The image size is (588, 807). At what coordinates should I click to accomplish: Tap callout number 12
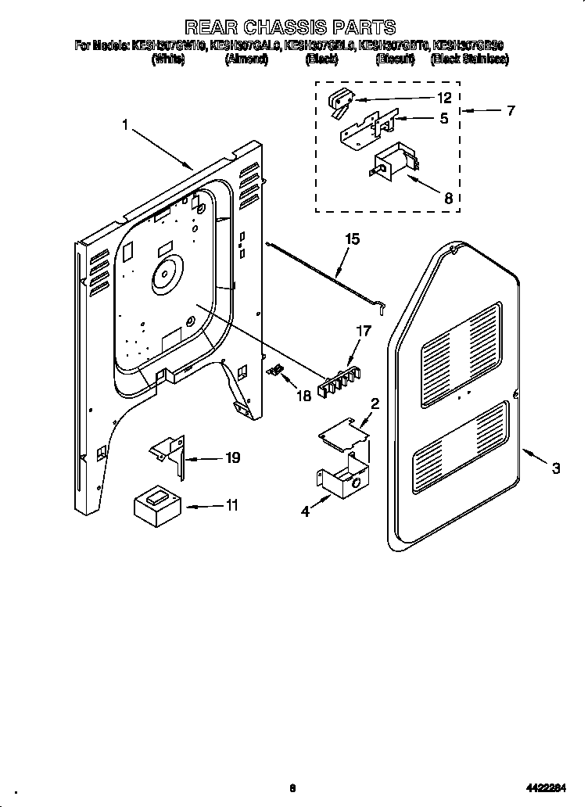[444, 99]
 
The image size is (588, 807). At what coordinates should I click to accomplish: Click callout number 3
[555, 469]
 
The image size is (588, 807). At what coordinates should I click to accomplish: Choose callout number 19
[232, 458]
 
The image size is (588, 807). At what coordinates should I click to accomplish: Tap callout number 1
[125, 123]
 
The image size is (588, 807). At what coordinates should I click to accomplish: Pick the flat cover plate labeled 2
[343, 432]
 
